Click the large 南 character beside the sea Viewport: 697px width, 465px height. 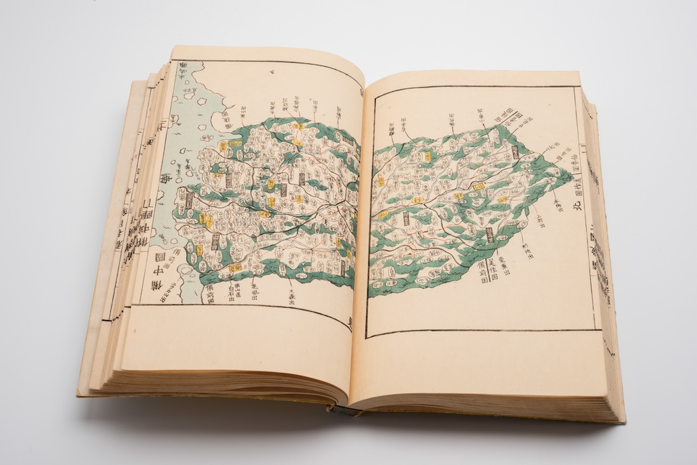coord(165,178)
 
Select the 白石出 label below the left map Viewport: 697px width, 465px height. coord(233,291)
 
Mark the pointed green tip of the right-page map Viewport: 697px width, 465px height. coord(571,175)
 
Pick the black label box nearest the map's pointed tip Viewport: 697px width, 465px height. coord(515,153)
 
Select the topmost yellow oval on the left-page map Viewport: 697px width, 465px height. coord(298,125)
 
